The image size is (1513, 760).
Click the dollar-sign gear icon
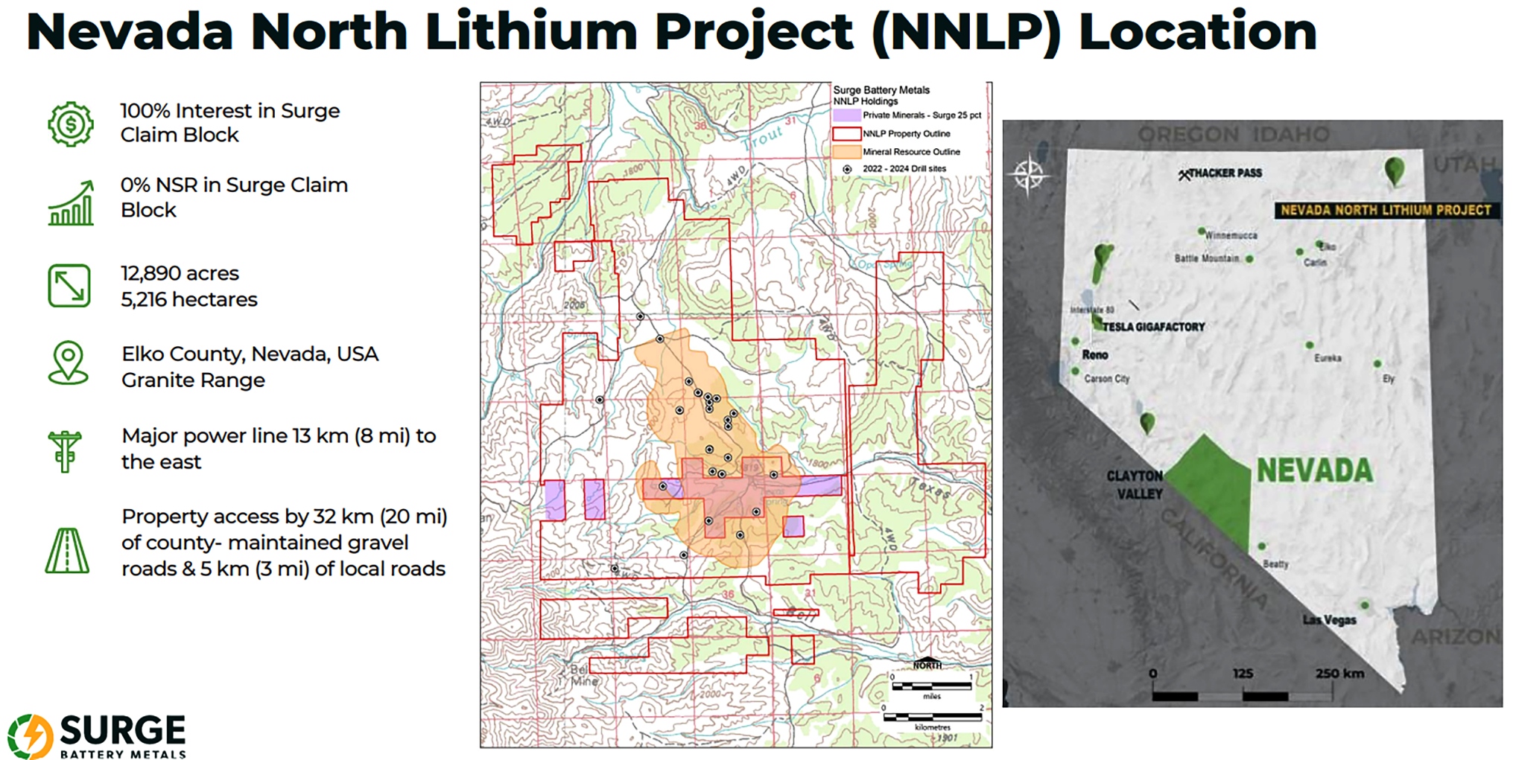point(71,124)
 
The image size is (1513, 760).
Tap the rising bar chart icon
point(72,203)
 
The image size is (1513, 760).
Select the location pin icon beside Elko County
point(69,363)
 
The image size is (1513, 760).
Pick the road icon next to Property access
point(67,551)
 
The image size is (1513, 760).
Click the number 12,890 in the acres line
point(149,273)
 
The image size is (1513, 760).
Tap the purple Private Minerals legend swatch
point(846,115)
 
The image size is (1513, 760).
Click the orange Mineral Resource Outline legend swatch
point(846,152)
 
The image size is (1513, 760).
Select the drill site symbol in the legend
point(847,170)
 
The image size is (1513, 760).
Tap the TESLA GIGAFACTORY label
point(1153,327)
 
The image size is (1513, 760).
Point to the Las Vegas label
point(1329,620)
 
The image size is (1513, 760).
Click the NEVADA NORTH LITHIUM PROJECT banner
point(1386,211)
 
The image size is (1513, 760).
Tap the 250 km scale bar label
point(1339,674)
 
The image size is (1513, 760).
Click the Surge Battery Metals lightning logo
point(31,736)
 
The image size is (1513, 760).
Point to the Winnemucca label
point(1231,235)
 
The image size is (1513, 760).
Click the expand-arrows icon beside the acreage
point(69,286)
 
